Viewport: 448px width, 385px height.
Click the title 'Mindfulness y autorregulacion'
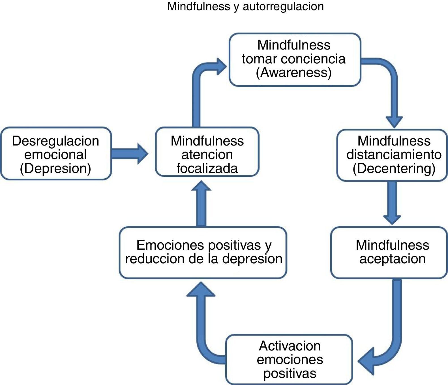245,6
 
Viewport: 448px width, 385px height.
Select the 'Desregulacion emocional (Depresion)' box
56,154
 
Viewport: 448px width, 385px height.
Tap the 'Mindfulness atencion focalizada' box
207,152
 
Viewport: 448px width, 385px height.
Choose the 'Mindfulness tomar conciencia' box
295,60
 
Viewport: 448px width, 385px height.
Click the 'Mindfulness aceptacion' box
389,253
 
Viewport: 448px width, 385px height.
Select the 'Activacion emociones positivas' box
289,360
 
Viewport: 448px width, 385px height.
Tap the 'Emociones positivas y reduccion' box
203,253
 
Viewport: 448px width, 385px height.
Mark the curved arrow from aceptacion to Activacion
395,334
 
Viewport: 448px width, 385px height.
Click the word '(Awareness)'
294,72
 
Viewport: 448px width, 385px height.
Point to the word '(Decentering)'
394,168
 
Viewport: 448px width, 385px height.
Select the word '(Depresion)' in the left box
55,168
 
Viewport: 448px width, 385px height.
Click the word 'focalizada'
207,168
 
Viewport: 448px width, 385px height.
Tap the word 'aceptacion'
393,259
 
